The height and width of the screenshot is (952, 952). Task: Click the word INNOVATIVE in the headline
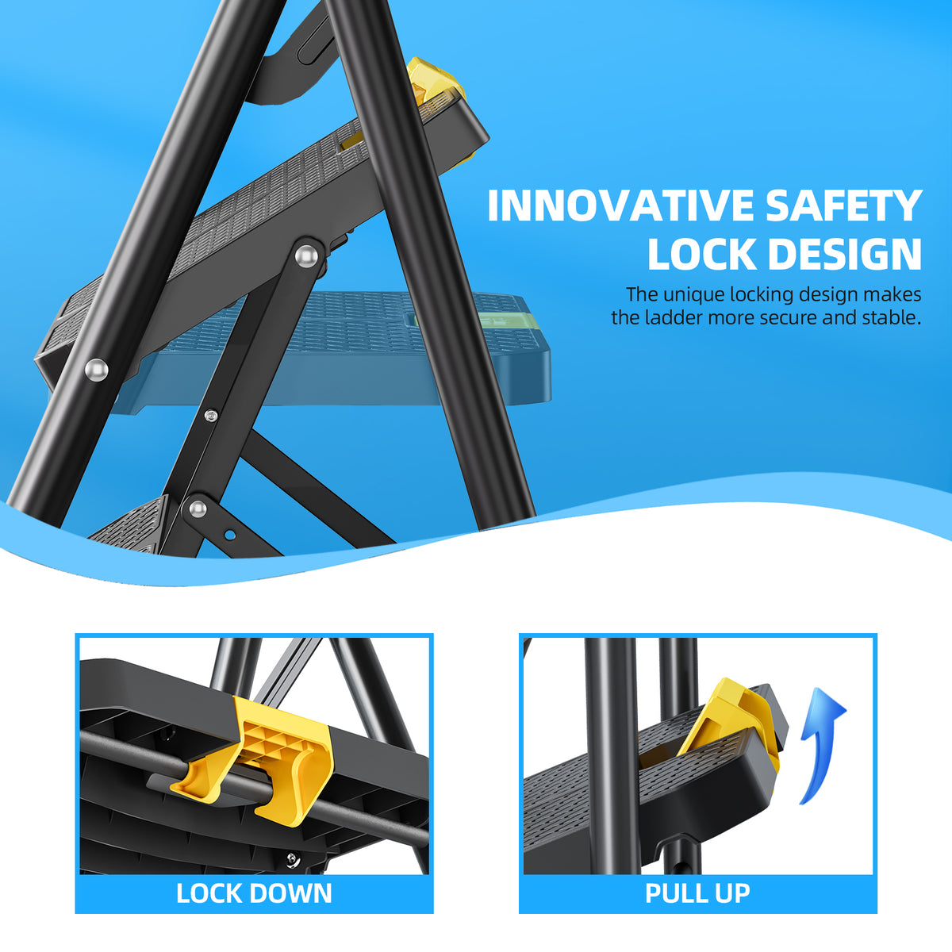[620, 205]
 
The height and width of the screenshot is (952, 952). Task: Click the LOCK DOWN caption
[254, 893]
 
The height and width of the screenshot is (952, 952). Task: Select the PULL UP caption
[697, 893]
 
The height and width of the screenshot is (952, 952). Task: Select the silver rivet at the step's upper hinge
[305, 256]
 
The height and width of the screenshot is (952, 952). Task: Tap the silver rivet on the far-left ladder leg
[96, 368]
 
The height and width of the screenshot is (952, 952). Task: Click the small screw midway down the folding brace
[210, 415]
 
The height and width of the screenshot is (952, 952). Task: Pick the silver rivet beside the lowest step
[197, 507]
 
